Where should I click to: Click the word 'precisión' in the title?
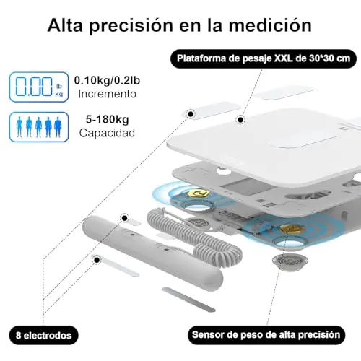[x=131, y=25]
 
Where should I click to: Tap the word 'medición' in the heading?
[x=270, y=25]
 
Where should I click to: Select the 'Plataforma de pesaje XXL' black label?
[x=264, y=58]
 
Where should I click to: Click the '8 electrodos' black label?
[x=44, y=335]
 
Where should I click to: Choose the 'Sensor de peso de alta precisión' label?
[x=266, y=335]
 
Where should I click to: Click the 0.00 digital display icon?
[x=39, y=87]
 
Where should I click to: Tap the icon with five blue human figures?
[x=39, y=127]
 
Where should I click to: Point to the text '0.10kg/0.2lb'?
[x=107, y=80]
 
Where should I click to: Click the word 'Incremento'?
[x=108, y=94]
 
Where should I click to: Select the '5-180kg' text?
[x=108, y=120]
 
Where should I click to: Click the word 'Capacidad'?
[x=107, y=133]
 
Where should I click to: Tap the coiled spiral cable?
[x=193, y=236]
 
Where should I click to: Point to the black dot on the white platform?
[x=240, y=119]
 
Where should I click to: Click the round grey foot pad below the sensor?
[x=290, y=261]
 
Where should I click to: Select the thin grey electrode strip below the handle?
[x=188, y=300]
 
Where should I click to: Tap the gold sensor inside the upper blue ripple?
[x=198, y=193]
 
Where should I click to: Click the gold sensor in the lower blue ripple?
[x=291, y=229]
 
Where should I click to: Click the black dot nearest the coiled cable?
[x=124, y=218]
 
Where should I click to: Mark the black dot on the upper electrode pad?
[x=191, y=114]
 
